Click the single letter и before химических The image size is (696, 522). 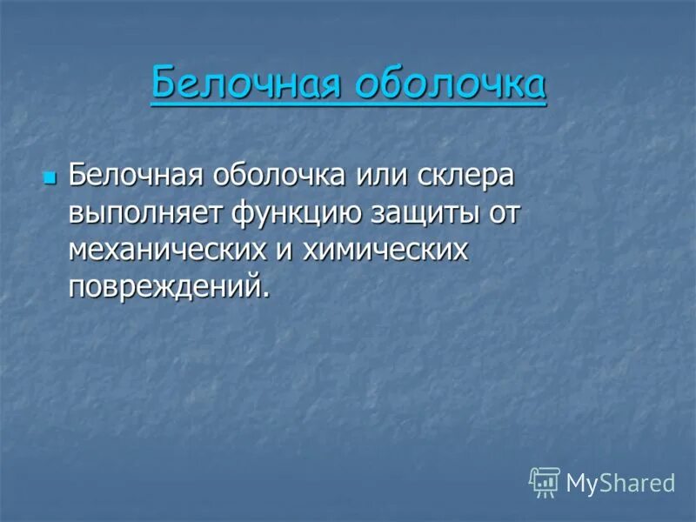[x=284, y=250]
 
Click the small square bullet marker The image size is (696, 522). [x=49, y=177]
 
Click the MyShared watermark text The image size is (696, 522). [x=620, y=484]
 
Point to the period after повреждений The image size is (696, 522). [x=264, y=296]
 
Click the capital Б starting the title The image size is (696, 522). [x=162, y=85]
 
